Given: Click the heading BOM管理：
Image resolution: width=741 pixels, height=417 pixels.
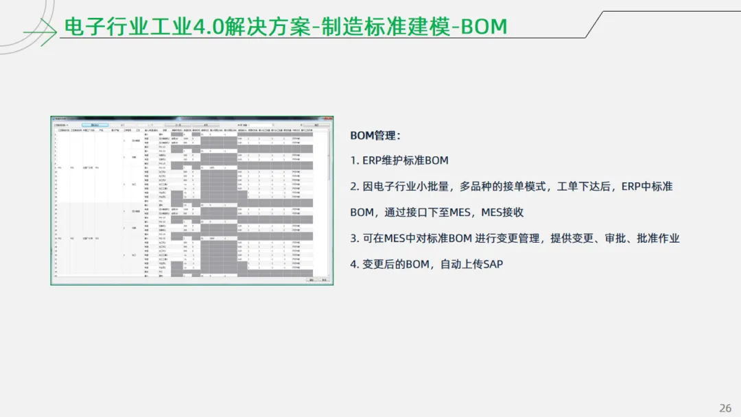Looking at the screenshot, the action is point(375,135).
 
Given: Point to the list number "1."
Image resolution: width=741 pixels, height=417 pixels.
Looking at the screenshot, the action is point(355,160).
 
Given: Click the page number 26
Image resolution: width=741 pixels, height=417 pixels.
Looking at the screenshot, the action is point(725,408).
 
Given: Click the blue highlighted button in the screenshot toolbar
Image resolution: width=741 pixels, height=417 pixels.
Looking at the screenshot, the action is point(95,125).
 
